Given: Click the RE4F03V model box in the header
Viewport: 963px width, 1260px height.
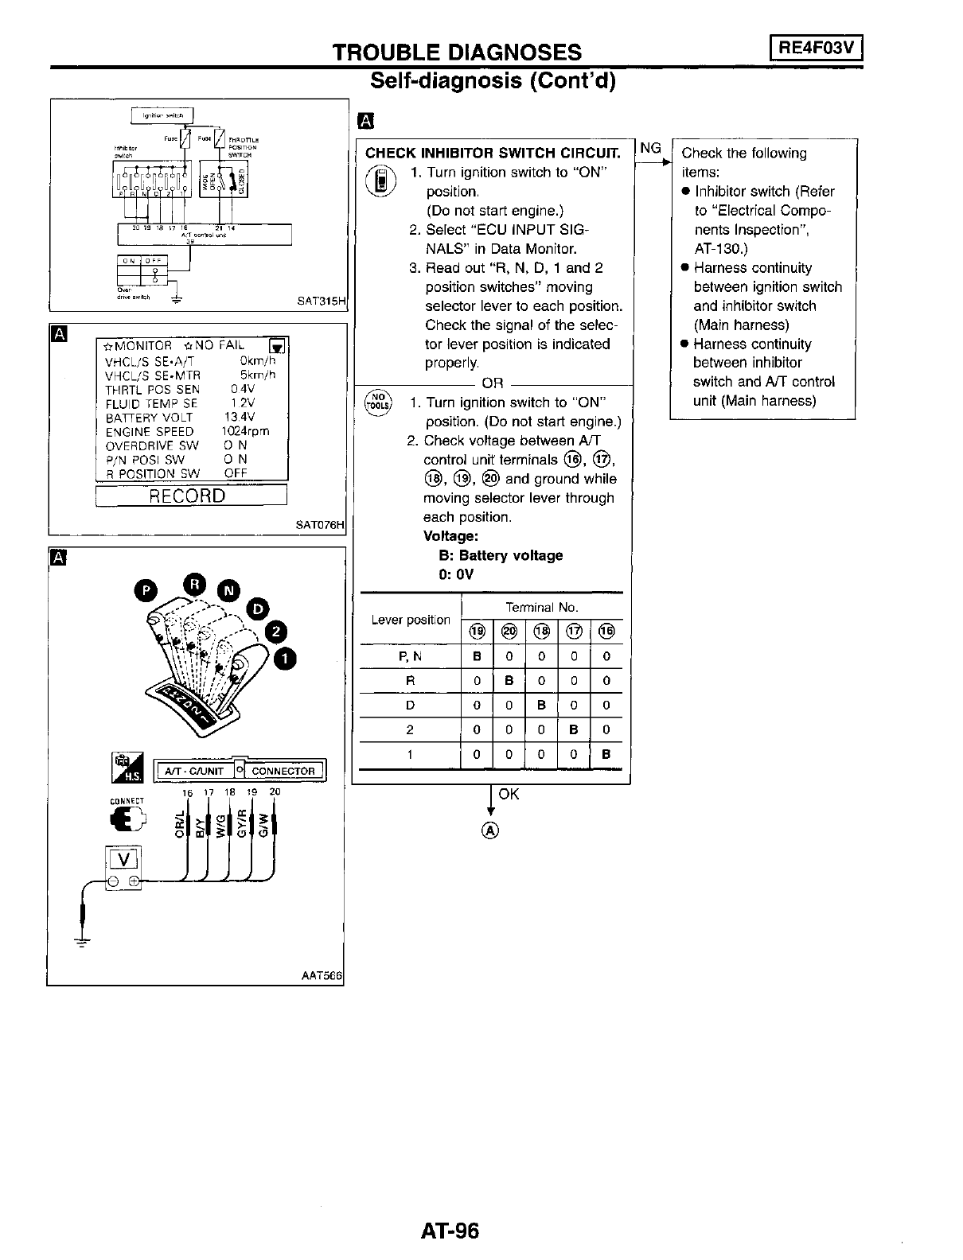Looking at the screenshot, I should click(817, 49).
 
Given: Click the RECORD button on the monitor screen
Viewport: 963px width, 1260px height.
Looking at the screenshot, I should click(190, 496).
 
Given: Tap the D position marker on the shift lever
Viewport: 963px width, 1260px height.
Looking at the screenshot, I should click(257, 608).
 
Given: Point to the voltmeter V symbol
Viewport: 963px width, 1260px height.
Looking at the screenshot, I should click(123, 858).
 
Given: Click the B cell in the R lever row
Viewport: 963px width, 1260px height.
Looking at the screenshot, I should click(509, 681).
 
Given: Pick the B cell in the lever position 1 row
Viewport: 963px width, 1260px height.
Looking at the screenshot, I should click(606, 754).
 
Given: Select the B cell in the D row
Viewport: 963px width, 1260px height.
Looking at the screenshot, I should click(540, 705).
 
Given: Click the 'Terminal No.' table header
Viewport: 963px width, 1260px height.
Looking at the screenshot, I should click(541, 607).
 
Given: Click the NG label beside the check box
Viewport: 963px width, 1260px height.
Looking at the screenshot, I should click(650, 148).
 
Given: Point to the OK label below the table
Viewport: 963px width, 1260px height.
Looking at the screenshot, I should click(509, 794).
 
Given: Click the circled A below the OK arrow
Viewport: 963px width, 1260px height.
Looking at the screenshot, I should click(490, 831).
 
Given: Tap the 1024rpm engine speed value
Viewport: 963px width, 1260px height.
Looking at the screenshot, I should click(245, 431).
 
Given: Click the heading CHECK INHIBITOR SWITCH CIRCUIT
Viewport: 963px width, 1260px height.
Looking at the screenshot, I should click(492, 153).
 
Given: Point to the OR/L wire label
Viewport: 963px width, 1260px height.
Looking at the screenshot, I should click(180, 824).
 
